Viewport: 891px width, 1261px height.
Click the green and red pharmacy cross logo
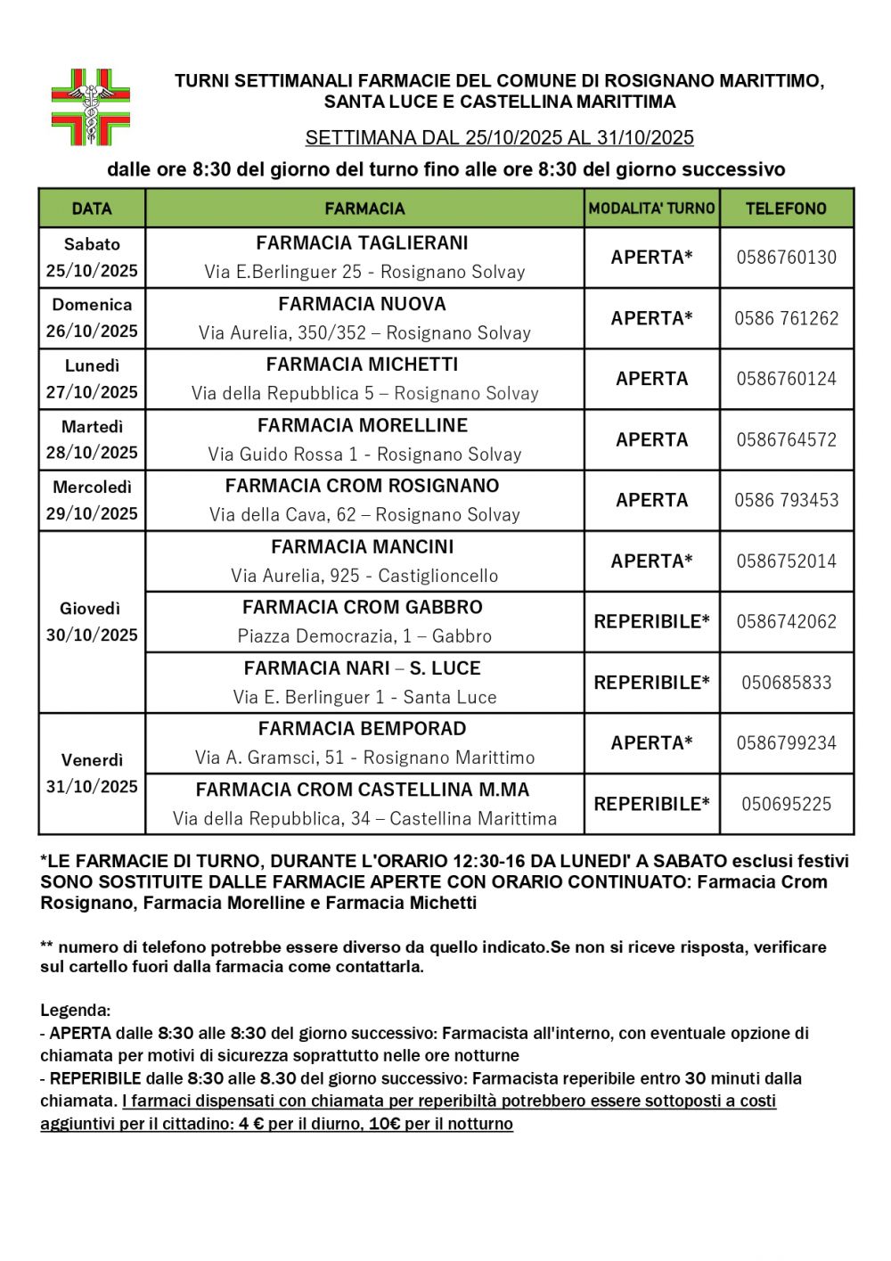(91, 108)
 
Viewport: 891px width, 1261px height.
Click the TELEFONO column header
(786, 209)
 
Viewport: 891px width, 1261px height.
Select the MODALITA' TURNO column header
(651, 209)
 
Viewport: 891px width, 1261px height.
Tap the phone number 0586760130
(786, 258)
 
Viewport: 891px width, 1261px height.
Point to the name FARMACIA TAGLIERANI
(362, 243)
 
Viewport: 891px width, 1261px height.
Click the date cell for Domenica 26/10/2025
(92, 318)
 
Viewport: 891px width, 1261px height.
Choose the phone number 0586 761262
(786, 318)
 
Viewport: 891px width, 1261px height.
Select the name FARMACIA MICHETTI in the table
(362, 364)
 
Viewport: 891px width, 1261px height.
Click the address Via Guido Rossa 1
(364, 454)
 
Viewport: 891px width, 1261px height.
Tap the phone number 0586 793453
(786, 500)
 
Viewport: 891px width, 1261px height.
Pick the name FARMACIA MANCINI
(362, 546)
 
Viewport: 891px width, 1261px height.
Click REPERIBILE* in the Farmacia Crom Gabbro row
(651, 622)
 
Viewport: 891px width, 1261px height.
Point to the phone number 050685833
(786, 683)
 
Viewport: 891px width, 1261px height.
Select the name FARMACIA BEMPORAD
(362, 729)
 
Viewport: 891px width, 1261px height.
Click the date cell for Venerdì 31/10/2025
(92, 774)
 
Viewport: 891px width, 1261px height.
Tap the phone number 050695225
(786, 804)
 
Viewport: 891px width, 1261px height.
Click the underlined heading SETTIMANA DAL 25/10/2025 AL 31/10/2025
(499, 138)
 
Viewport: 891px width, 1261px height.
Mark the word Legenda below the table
(75, 1011)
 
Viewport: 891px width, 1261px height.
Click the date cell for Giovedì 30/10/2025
(92, 622)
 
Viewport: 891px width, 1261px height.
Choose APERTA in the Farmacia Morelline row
(651, 439)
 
